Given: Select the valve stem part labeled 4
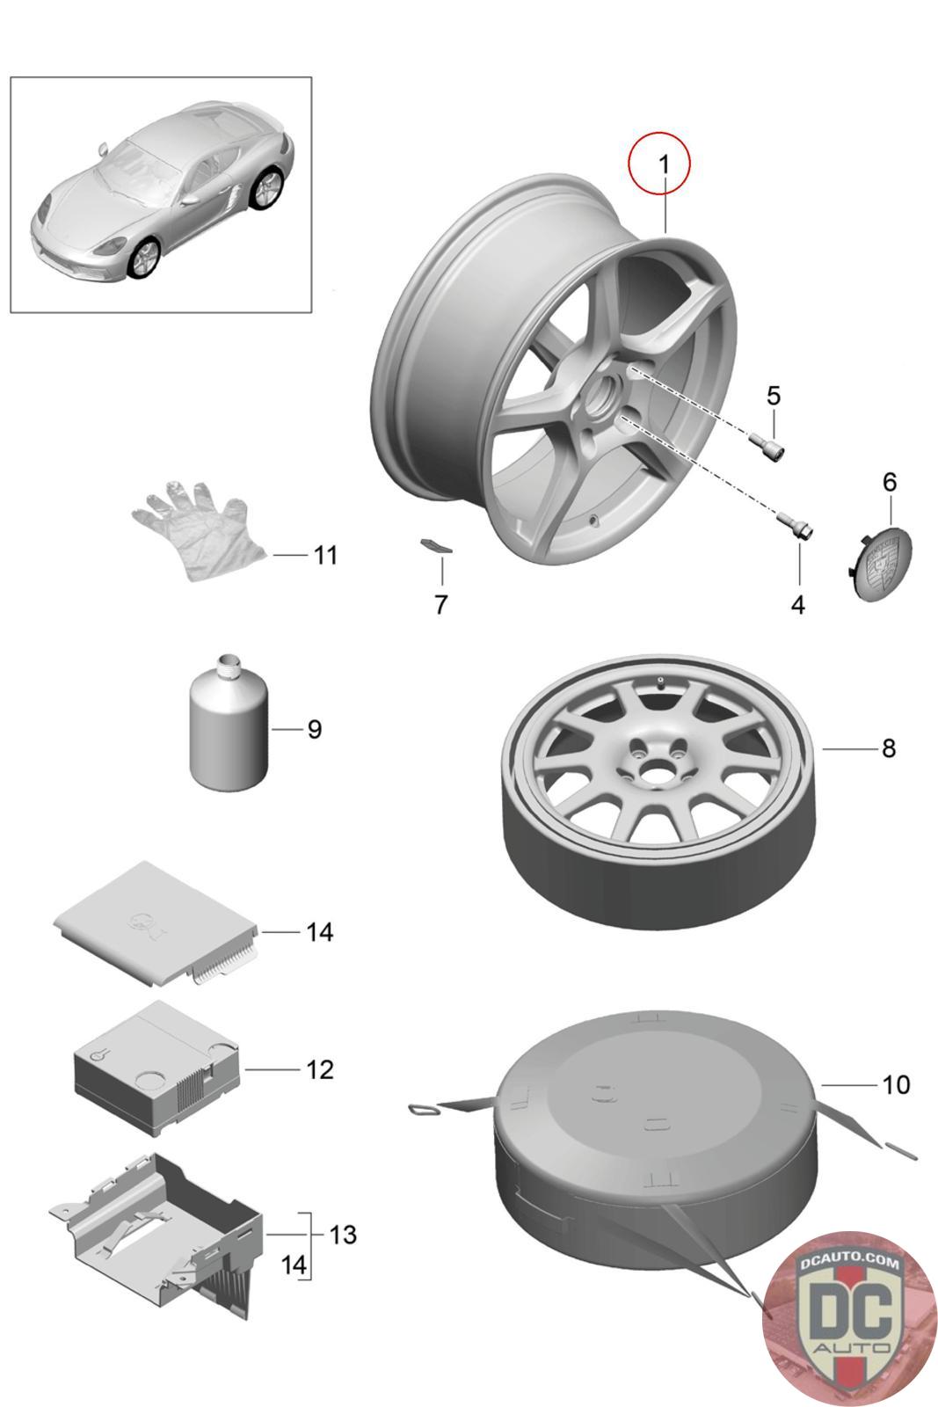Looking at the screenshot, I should click(796, 527).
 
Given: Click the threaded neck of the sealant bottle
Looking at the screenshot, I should click(228, 666).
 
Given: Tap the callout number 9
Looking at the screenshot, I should click(314, 730).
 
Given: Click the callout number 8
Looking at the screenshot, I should click(888, 748).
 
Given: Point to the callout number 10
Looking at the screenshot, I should click(896, 1085).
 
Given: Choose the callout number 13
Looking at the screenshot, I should click(342, 1235).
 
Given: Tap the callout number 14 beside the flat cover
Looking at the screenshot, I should click(319, 931).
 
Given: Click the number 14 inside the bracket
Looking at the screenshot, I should click(294, 1265).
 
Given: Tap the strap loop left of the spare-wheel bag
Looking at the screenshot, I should click(425, 1110).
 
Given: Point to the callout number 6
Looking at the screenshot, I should click(890, 482).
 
